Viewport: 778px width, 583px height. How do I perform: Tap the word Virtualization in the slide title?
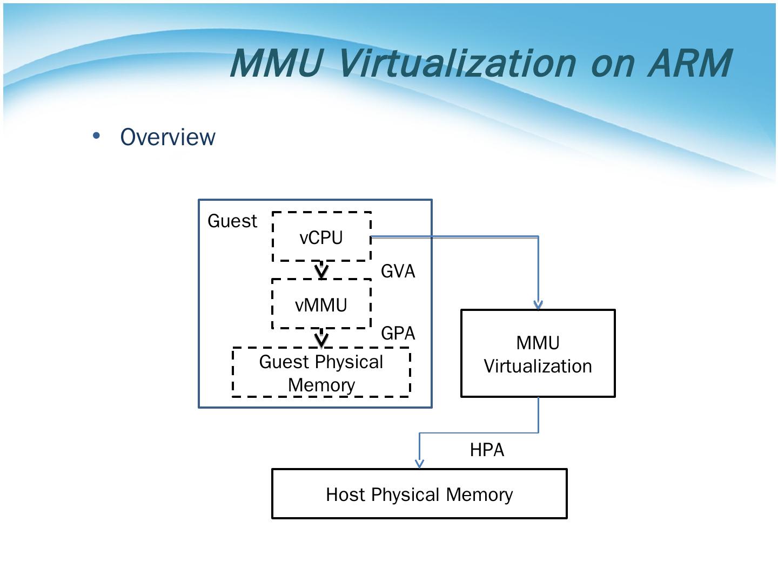tap(457, 63)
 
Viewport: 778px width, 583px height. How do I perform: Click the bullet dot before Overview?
tap(97, 136)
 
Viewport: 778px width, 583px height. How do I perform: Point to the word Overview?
tap(167, 137)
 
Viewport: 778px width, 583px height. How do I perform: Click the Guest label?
tap(232, 221)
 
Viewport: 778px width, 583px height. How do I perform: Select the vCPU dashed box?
tap(321, 237)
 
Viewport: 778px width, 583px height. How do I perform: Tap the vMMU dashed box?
tap(321, 304)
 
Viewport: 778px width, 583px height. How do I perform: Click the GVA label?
tap(398, 271)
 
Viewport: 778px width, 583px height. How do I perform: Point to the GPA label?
tap(398, 333)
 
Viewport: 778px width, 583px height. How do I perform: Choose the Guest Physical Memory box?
tap(321, 372)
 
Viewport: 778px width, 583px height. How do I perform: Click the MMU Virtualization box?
tap(538, 354)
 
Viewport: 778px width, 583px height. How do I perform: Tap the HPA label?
tap(487, 450)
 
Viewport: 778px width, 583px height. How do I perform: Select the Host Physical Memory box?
tap(419, 494)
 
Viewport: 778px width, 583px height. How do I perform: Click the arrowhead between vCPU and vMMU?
tap(321, 272)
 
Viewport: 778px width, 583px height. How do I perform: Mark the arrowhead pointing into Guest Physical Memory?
tap(321, 341)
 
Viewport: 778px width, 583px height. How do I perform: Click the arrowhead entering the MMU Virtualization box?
tap(538, 305)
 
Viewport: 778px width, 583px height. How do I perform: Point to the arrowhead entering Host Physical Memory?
tap(419, 463)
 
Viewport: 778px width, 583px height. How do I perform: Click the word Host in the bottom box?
tap(346, 494)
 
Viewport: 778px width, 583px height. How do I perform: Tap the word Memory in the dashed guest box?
tap(321, 385)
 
